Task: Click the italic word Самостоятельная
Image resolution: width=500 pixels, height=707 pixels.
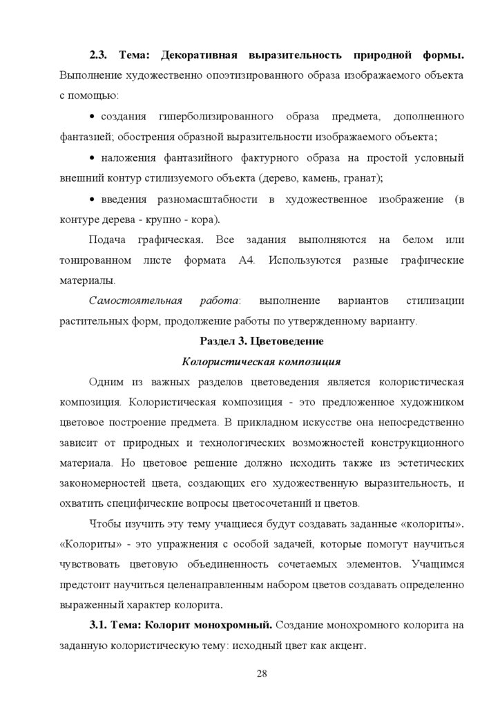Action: coord(135,301)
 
